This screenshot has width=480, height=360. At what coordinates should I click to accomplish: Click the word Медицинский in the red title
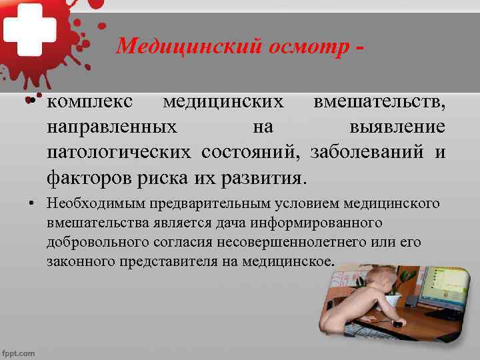click(x=173, y=46)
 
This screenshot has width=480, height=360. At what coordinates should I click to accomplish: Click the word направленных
click(x=112, y=127)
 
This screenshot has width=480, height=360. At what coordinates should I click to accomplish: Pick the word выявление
click(x=397, y=127)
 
